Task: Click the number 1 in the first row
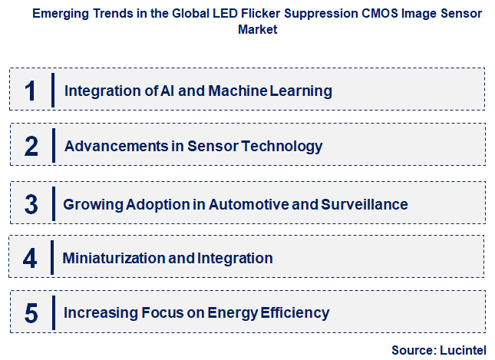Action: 31,91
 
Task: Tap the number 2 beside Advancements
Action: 31,146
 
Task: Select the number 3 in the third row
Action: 31,204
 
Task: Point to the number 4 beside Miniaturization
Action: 30,258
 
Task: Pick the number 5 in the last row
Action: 31,313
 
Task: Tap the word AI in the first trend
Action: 170,91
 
